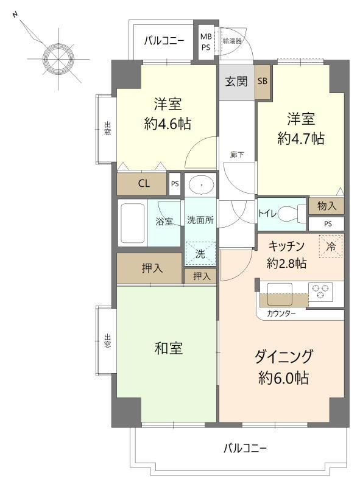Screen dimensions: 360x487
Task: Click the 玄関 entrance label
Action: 236,82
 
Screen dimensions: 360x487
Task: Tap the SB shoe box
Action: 263,82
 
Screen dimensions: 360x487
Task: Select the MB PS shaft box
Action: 205,42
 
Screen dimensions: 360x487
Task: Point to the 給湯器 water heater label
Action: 232,41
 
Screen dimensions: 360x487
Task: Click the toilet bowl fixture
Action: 291,214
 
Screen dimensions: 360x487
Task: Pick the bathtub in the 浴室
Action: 132,223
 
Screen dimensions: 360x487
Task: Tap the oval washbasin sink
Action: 202,185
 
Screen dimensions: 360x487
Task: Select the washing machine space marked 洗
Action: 200,254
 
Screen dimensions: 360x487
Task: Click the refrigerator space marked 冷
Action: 331,247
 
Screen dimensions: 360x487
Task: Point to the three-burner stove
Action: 320,292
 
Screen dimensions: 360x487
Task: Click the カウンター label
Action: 281,314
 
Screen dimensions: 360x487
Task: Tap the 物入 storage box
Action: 326,206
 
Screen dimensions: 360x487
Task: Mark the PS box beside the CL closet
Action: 175,184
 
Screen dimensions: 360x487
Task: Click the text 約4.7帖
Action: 301,139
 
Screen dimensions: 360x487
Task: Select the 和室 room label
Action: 169,348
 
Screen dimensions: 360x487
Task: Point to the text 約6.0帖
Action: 283,377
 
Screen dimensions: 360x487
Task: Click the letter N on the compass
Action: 14,15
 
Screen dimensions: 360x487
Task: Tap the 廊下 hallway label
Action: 237,155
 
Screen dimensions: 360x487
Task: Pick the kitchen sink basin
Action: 280,294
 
